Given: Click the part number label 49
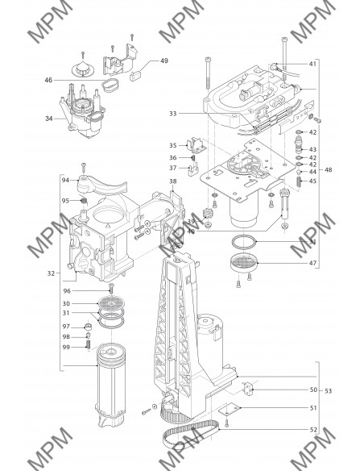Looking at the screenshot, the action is click(164, 60).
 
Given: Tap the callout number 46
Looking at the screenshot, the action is click(48, 80).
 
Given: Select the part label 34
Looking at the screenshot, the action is click(49, 119).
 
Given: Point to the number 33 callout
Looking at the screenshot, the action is click(172, 114).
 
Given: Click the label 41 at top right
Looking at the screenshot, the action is click(312, 64).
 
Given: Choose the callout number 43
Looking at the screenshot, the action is click(312, 149).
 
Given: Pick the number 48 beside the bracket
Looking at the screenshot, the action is click(329, 169).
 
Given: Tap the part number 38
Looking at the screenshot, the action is click(173, 181).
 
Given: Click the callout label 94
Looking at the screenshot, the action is click(65, 180).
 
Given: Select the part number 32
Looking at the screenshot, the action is click(51, 273).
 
